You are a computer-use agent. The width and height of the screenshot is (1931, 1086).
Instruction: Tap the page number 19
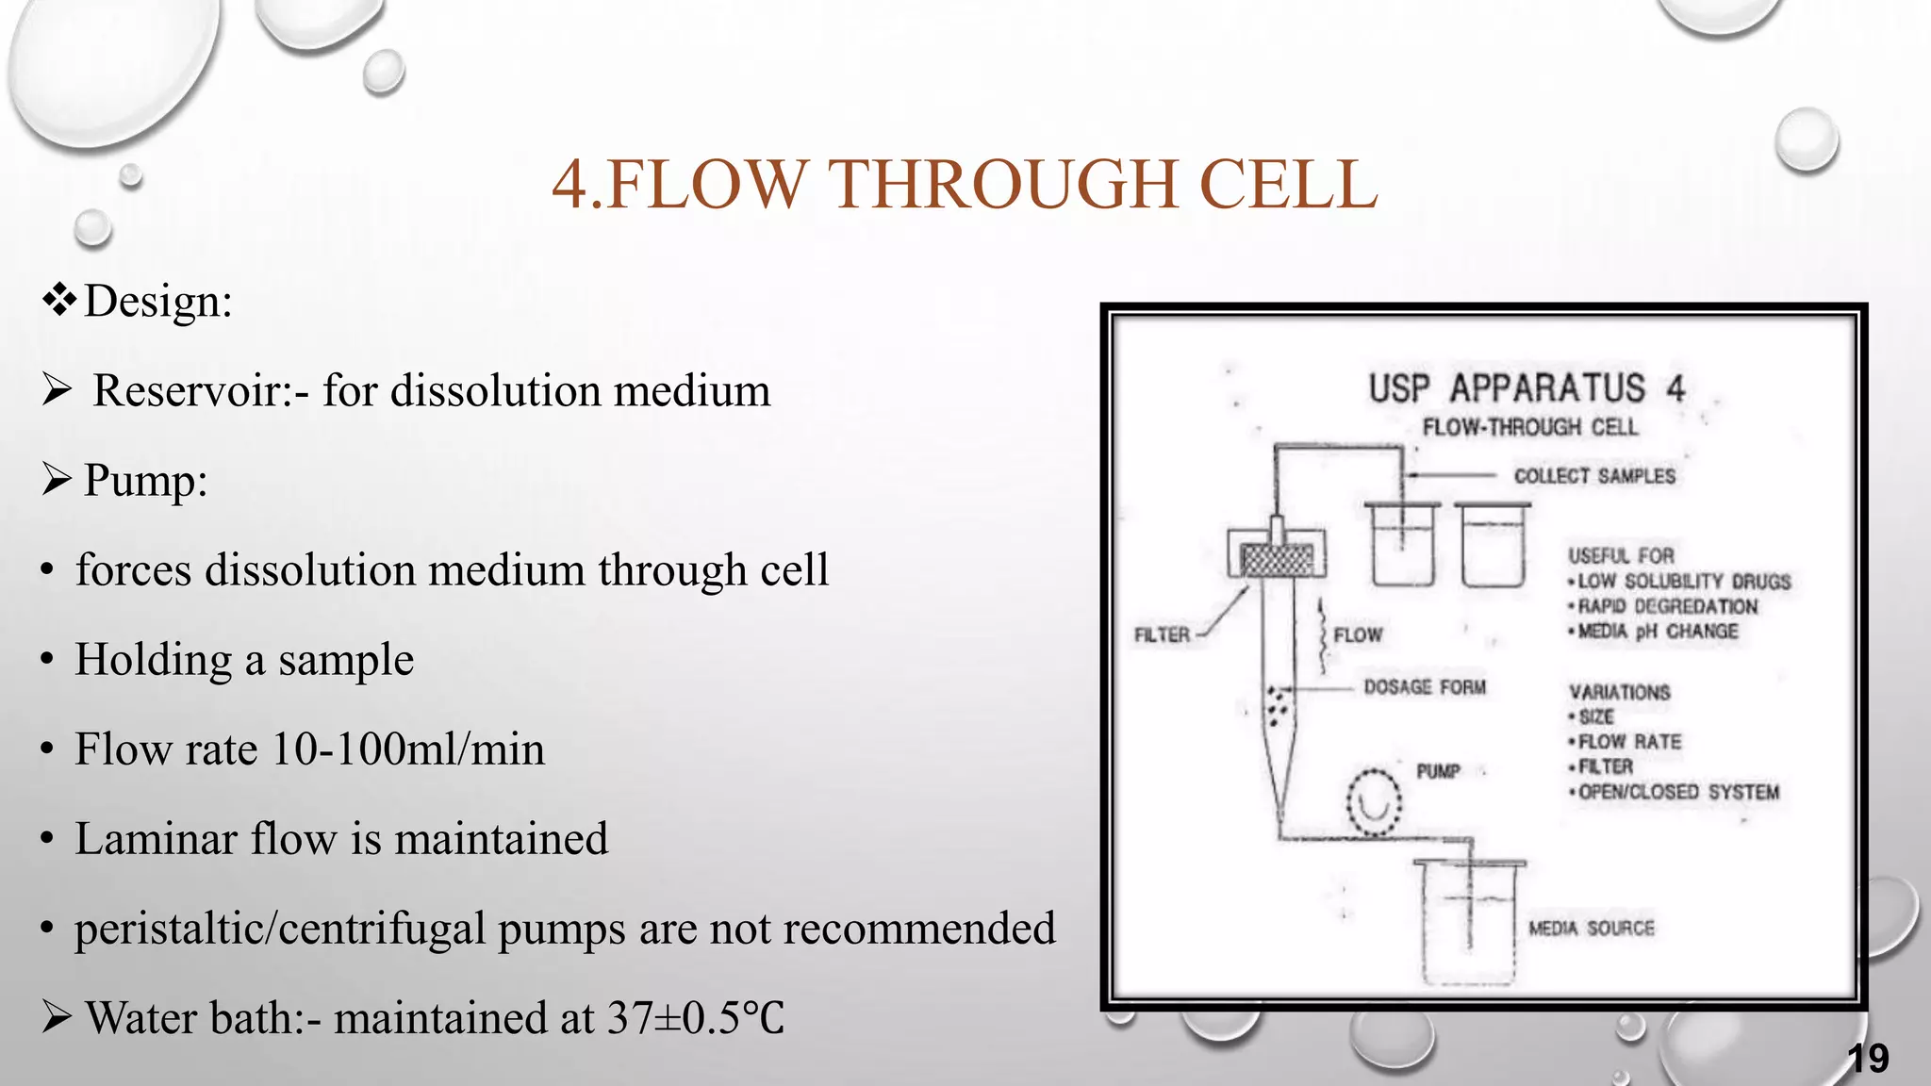(1868, 1059)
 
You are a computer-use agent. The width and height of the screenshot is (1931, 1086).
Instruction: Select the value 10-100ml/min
(407, 750)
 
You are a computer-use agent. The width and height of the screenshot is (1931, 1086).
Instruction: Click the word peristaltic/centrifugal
(278, 929)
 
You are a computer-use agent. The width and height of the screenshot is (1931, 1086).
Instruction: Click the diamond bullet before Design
(58, 301)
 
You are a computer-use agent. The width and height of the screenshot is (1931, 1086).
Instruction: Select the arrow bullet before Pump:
(58, 480)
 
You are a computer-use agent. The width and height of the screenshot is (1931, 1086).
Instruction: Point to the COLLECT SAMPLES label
(1594, 476)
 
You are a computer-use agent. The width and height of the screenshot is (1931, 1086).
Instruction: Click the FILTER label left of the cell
(1162, 635)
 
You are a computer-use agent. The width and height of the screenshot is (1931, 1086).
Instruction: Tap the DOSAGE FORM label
(1425, 687)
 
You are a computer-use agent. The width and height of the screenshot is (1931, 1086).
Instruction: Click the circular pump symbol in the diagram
(1374, 802)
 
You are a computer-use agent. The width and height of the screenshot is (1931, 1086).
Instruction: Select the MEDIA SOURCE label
(1592, 929)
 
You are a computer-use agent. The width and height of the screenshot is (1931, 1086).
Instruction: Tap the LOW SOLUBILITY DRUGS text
(1684, 582)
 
